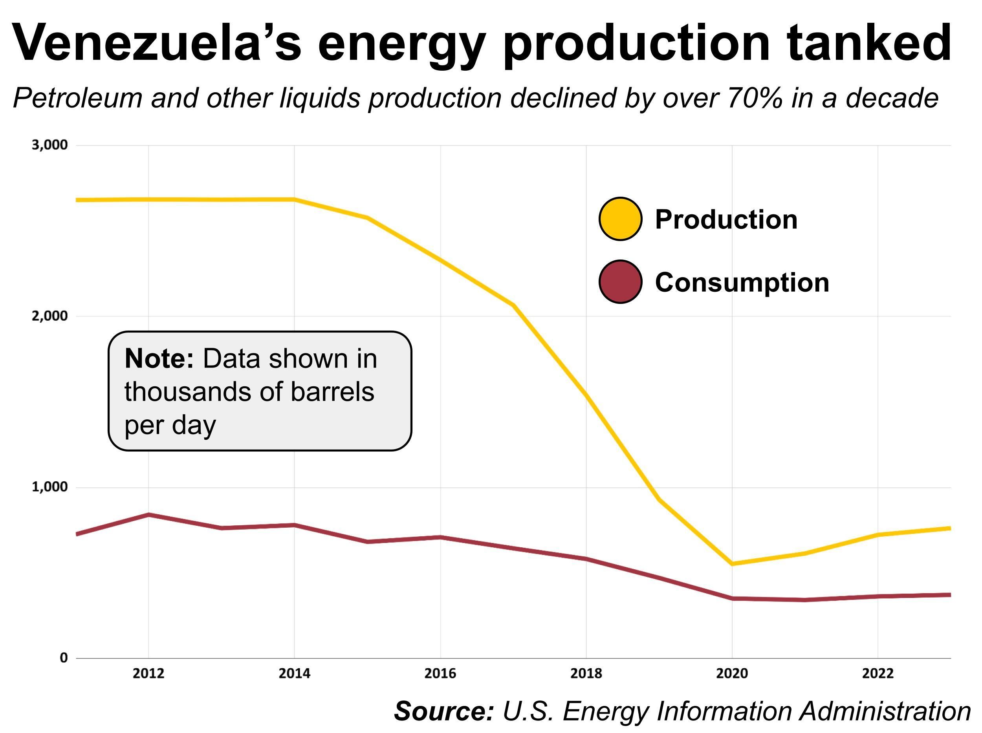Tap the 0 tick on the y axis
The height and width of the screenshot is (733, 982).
pos(64,658)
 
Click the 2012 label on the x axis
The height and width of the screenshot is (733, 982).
pos(148,674)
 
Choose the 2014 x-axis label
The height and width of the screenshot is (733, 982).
pos(294,674)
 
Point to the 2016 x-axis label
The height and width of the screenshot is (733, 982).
pos(440,674)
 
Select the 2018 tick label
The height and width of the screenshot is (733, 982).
pos(586,674)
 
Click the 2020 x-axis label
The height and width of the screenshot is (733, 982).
pos(732,674)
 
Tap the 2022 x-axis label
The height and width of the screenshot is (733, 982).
pos(878,674)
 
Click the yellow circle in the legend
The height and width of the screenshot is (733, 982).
pos(620,219)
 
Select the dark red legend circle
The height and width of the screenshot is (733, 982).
pos(620,282)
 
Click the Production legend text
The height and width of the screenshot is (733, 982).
pos(726,219)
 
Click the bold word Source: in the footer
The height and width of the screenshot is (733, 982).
pos(443,712)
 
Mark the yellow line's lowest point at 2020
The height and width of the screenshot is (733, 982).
pos(732,564)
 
